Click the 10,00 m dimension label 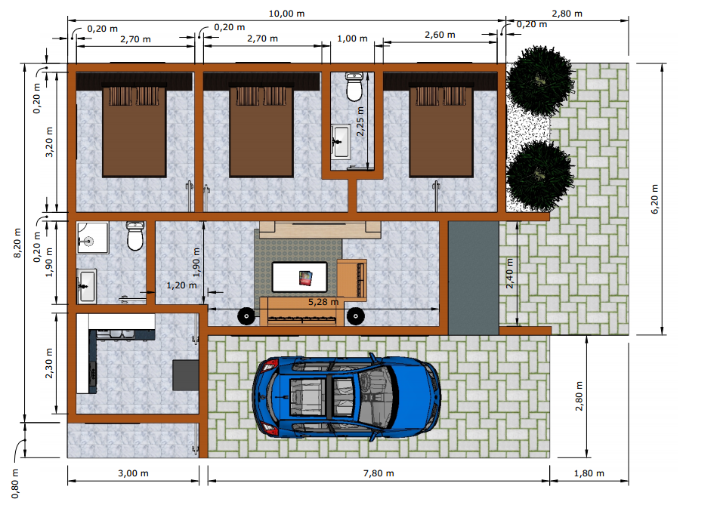pos(286,14)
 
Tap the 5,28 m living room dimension pos(323,302)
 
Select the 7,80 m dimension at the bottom pos(379,473)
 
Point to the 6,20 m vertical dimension pos(654,199)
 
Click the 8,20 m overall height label pos(17,243)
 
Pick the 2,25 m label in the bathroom pos(360,121)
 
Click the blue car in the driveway pos(346,397)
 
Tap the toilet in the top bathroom pos(354,86)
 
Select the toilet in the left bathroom pos(135,236)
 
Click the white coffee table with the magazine pos(300,276)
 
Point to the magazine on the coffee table pos(306,278)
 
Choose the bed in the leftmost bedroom pos(134,131)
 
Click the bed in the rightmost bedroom pos(441,131)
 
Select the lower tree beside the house pos(540,177)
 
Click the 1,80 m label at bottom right pos(589,473)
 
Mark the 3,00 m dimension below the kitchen pos(133,473)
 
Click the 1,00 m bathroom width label pos(352,38)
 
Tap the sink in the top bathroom pos(340,141)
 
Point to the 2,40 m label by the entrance pos(509,273)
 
